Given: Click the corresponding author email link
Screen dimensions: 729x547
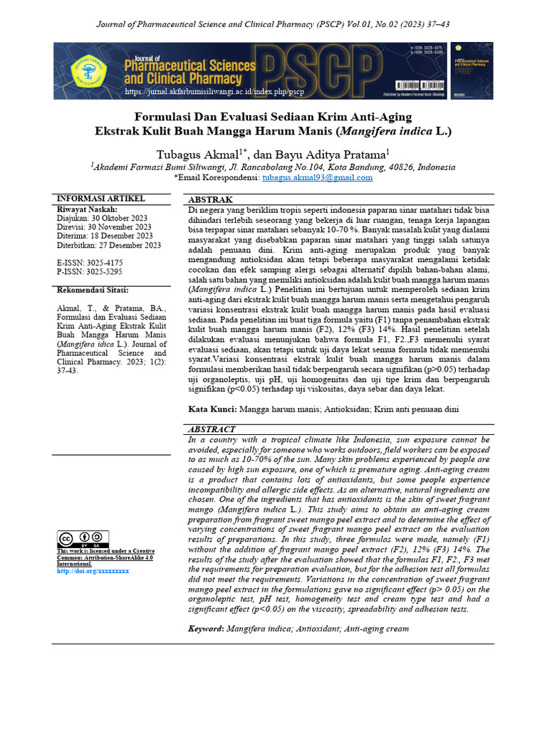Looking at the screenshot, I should [x=318, y=178].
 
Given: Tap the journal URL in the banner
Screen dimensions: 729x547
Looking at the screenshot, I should [x=214, y=93].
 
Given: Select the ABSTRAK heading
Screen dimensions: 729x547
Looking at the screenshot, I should [x=210, y=200].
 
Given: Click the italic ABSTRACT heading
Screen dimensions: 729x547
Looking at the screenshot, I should [x=212, y=430].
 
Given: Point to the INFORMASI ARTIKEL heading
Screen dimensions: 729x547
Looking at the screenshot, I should [x=100, y=198].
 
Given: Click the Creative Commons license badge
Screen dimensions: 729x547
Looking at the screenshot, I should [x=83, y=539].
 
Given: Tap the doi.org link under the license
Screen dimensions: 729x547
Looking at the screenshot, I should [x=93, y=571].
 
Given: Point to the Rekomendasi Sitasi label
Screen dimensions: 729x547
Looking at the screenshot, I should [x=93, y=290].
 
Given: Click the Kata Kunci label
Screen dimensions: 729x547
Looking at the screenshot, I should [x=212, y=409].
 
